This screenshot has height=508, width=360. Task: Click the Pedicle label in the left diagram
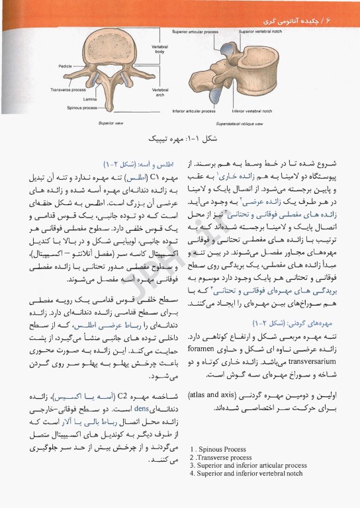click(x=65, y=66)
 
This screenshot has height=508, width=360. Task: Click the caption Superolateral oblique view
click(x=239, y=123)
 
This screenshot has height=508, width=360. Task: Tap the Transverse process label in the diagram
click(x=67, y=89)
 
